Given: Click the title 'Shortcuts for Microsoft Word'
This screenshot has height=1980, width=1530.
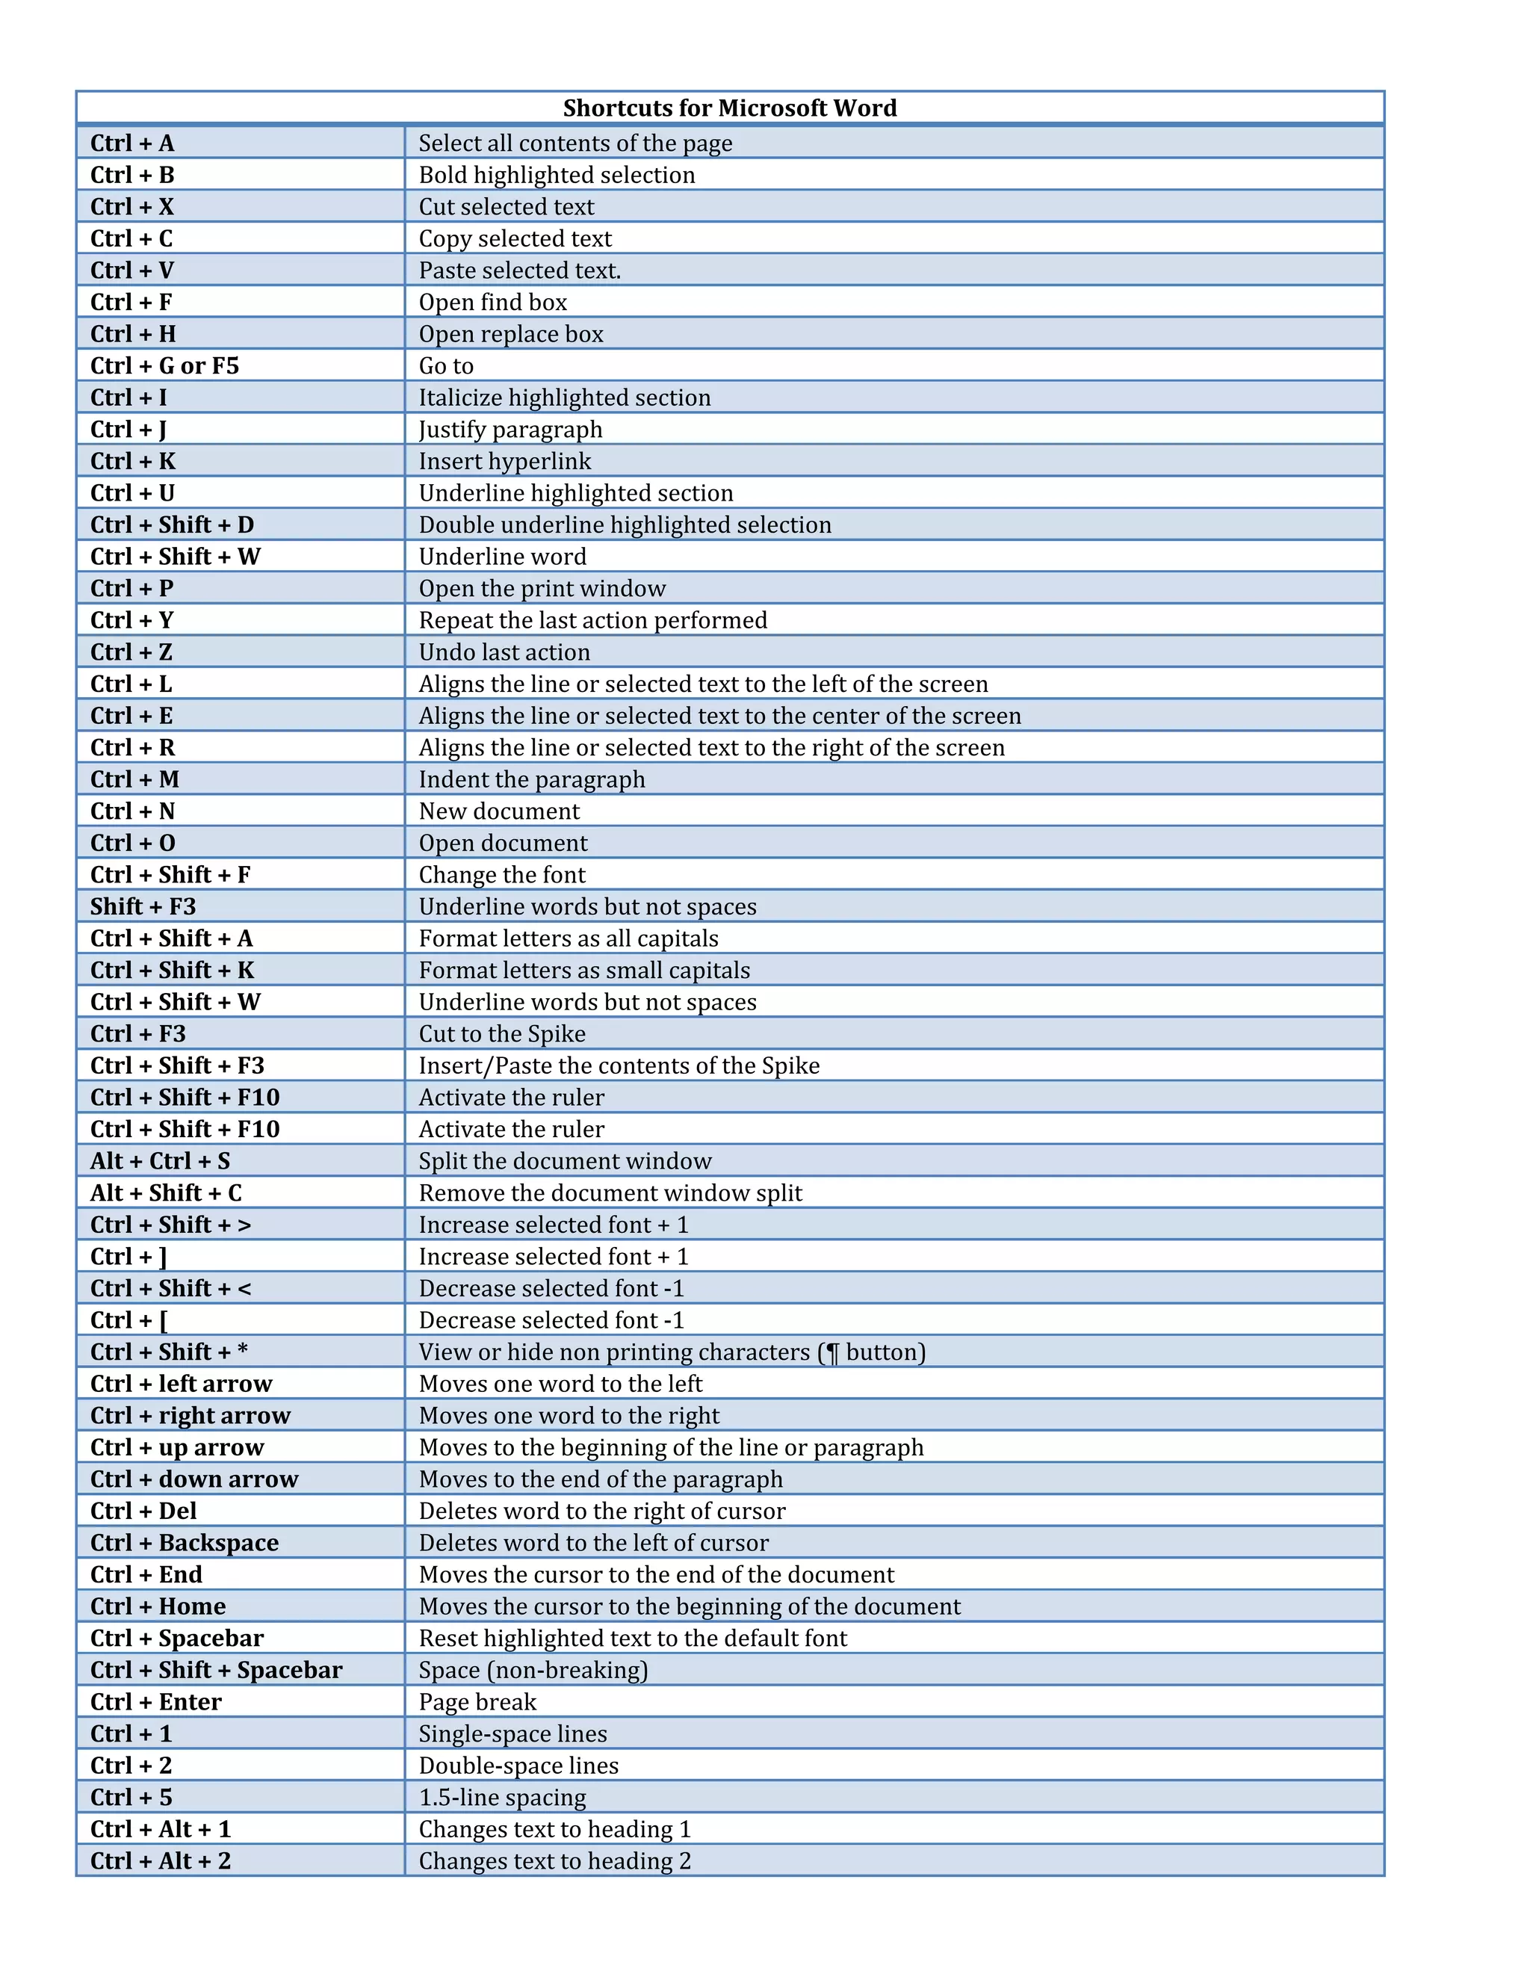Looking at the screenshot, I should [730, 108].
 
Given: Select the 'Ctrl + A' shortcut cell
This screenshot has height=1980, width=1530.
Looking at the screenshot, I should [132, 143].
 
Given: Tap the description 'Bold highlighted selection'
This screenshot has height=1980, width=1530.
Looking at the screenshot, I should [557, 175].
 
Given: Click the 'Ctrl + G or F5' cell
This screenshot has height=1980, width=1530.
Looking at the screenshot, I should [165, 365].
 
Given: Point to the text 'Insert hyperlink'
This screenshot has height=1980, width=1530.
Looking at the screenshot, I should [505, 462].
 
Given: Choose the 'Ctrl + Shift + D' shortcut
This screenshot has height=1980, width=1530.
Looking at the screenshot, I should [173, 525].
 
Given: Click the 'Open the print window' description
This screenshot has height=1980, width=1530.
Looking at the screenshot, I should [542, 588].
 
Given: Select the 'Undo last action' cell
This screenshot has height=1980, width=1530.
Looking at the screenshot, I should [504, 652].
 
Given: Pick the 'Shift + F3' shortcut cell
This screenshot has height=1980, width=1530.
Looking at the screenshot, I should [143, 906].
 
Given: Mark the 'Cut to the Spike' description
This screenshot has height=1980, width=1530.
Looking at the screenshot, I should [502, 1033].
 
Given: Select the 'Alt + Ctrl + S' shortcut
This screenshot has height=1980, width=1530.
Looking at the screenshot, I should [161, 1161].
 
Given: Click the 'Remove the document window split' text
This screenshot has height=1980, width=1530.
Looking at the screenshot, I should [610, 1193].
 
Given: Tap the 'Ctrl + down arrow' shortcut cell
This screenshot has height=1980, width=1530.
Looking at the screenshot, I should [194, 1479].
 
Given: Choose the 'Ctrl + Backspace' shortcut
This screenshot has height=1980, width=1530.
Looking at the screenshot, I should [185, 1543].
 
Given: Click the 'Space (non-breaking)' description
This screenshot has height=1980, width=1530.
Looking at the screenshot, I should [533, 1670].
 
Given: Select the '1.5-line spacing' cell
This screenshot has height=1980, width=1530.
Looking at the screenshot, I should [502, 1797].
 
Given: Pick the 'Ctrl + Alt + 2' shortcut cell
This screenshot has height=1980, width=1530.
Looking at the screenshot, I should [161, 1860].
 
